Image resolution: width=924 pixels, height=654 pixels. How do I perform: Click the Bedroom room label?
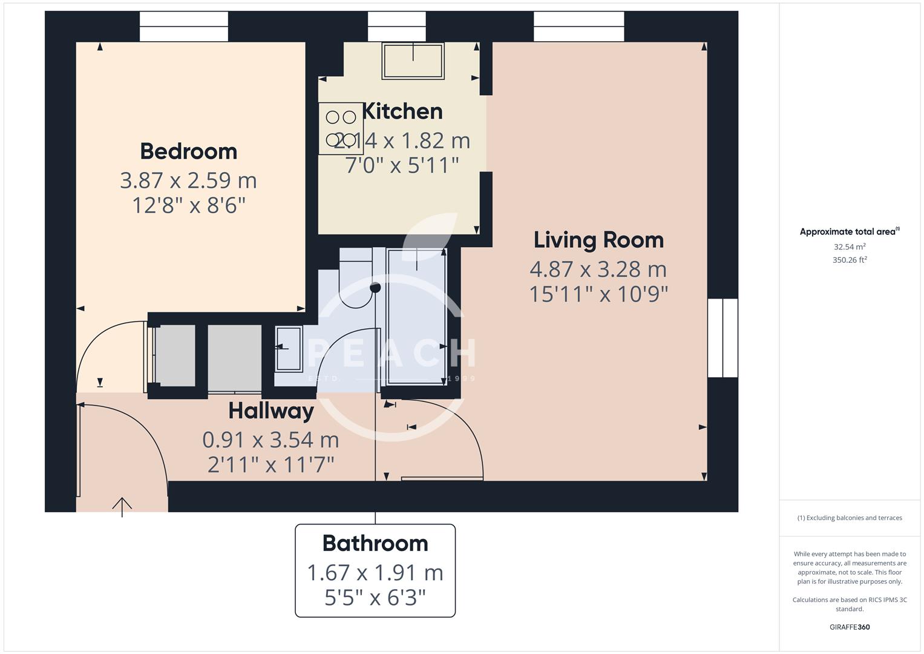tap(188, 151)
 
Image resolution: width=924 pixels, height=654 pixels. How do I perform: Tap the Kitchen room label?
tap(402, 111)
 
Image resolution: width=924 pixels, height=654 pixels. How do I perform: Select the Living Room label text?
tap(598, 240)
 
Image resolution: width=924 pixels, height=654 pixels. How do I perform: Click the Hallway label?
tap(270, 411)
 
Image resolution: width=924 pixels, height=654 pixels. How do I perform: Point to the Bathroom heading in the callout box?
tap(375, 543)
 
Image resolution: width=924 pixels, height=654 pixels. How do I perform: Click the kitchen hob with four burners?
tap(341, 128)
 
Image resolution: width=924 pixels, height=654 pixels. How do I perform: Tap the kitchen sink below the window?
tap(413, 61)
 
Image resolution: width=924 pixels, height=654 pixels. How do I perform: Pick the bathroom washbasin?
tap(289, 348)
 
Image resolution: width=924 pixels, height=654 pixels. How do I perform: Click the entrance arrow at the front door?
tap(122, 506)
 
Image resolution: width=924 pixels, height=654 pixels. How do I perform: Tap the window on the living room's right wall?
tap(722, 338)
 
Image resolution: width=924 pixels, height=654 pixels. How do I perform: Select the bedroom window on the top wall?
tap(184, 27)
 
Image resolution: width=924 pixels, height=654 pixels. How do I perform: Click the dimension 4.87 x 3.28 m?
tap(598, 269)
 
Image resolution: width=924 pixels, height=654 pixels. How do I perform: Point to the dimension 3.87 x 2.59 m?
tap(188, 180)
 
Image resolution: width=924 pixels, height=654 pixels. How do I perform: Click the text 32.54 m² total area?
tap(850, 247)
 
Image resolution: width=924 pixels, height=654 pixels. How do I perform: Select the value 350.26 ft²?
tap(850, 260)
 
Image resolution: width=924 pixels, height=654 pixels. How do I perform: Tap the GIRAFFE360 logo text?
tap(850, 627)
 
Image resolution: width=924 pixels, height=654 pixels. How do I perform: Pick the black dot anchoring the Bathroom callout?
tap(375, 288)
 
